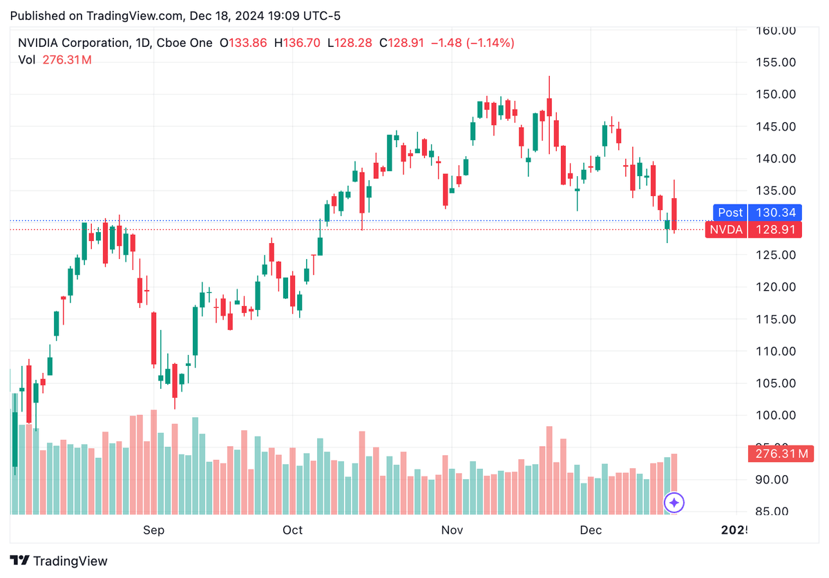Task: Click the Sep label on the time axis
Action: tap(153, 530)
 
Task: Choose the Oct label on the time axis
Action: tap(292, 530)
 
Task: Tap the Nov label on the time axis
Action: tap(452, 530)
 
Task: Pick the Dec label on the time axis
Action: tap(591, 530)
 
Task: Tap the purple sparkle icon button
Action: tap(674, 502)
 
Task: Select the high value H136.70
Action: tap(297, 43)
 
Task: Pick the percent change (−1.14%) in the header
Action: tap(490, 43)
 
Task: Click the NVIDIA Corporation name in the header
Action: tap(73, 43)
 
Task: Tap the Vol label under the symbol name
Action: tap(26, 60)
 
